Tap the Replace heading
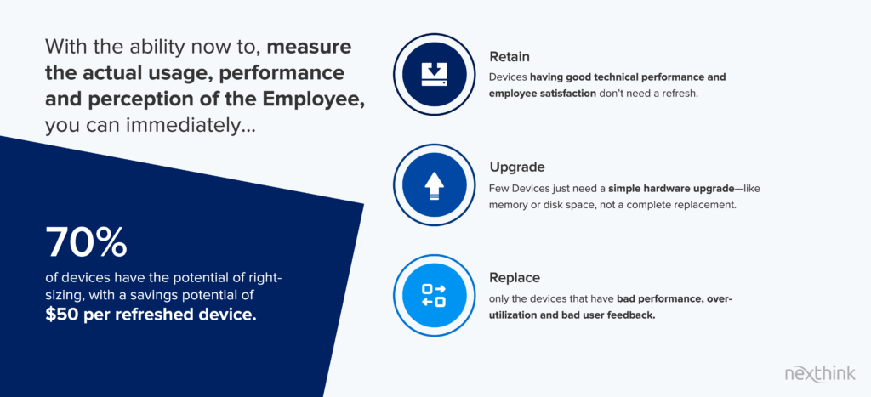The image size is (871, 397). tap(515, 277)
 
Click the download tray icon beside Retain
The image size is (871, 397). tap(435, 74)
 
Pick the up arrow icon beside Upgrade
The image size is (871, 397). tap(435, 185)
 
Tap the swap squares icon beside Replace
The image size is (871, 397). tap(435, 295)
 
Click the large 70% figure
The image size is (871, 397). tap(87, 242)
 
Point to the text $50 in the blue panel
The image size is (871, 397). tap(60, 315)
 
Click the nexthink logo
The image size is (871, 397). tap(820, 374)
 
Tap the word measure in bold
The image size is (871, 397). tap(310, 47)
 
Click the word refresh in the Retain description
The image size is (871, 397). tap(680, 94)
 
